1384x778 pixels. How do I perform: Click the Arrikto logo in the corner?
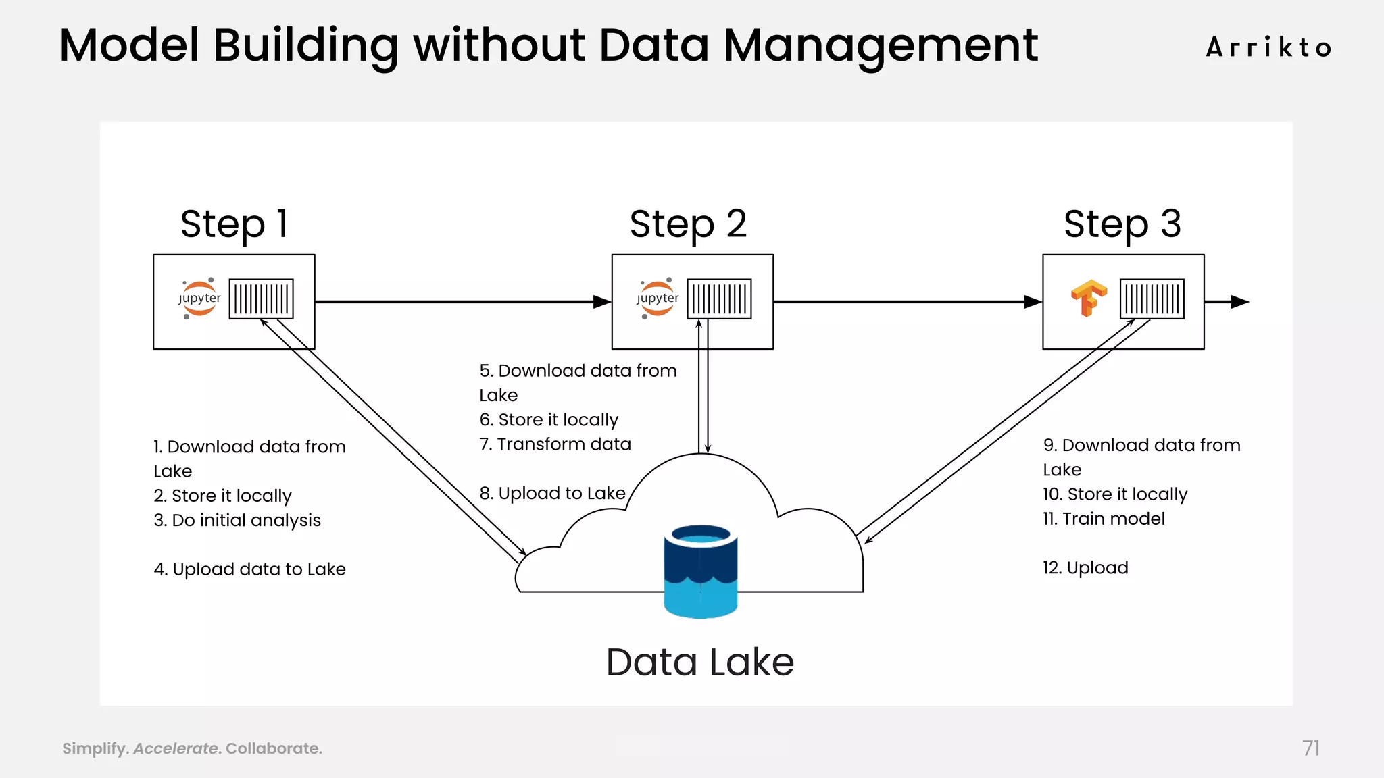[1268, 48]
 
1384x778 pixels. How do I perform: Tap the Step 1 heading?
[234, 224]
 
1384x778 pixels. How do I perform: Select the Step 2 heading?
[688, 224]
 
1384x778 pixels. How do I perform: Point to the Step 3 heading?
[1122, 224]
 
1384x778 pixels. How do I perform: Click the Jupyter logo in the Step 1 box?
[199, 299]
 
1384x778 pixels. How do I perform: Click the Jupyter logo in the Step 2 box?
[658, 299]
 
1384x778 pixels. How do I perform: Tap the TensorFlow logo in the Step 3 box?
[1089, 298]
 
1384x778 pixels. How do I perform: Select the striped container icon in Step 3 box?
[1152, 299]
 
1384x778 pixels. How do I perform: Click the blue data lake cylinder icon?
[700, 571]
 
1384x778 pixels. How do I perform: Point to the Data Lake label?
[700, 662]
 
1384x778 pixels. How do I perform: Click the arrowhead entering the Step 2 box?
[602, 302]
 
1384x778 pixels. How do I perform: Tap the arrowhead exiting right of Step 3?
[1239, 302]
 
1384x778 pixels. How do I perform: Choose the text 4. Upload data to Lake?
[249, 569]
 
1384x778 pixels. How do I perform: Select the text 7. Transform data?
[555, 444]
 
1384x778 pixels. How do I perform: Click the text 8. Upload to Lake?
[552, 494]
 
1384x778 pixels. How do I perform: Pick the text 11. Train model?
[1104, 519]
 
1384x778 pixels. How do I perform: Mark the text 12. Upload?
[1085, 568]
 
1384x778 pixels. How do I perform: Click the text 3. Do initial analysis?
[237, 521]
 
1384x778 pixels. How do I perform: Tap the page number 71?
[1310, 748]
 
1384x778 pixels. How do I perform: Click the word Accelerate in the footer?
[176, 748]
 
